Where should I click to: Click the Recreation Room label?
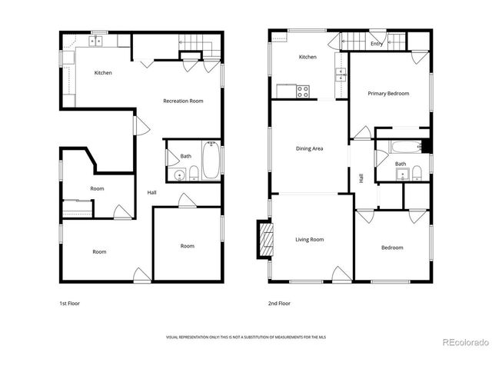182,101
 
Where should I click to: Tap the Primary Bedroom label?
387,94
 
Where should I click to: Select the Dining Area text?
309,148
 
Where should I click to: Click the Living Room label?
309,240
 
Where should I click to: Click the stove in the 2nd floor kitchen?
303,90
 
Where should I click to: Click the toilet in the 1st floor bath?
194,172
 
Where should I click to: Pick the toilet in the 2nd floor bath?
415,171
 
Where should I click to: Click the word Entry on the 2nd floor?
376,44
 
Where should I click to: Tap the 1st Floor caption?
69,304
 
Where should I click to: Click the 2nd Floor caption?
279,304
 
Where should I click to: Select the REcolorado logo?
463,342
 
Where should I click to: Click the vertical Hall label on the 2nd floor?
361,178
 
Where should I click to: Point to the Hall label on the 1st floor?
152,193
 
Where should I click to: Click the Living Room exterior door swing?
339,272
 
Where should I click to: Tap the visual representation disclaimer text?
246,337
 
